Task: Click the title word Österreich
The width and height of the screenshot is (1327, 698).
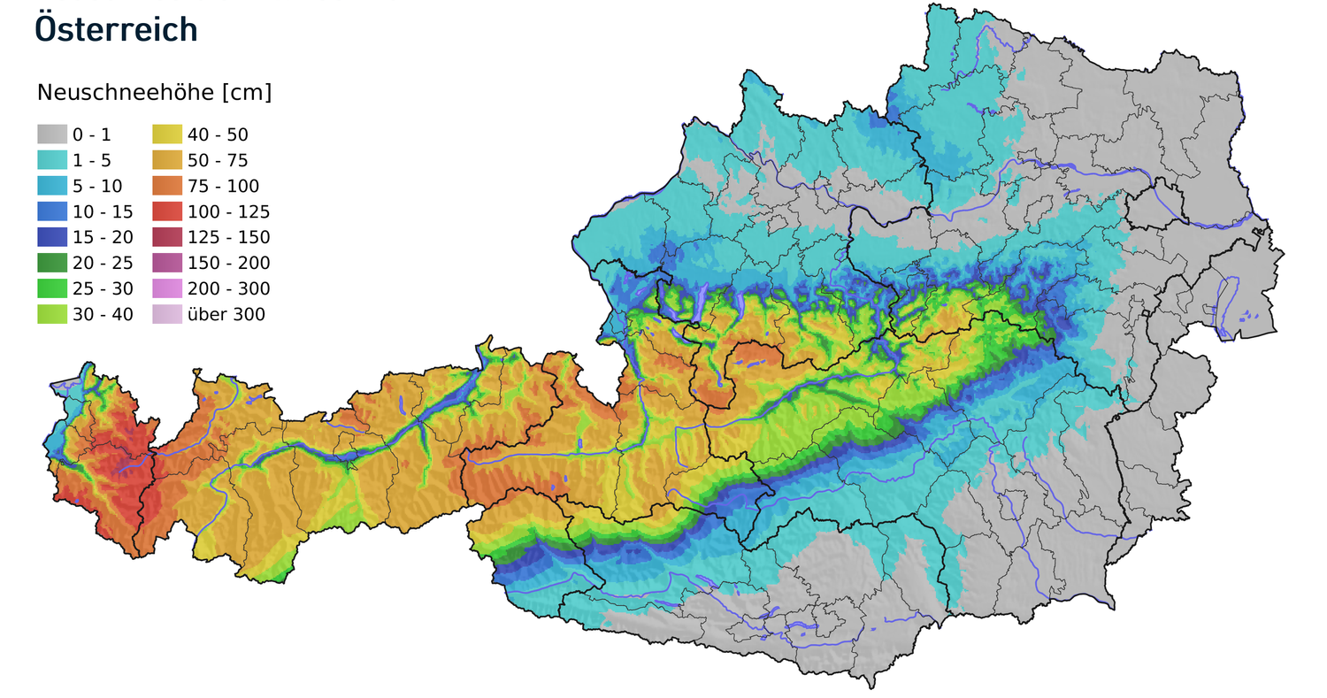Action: pyautogui.click(x=115, y=28)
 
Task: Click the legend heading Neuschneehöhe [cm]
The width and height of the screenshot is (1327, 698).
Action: pyautogui.click(x=154, y=93)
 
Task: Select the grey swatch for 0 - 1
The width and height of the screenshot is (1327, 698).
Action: pyautogui.click(x=52, y=134)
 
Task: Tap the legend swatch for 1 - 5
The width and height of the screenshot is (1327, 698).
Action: pyautogui.click(x=52, y=160)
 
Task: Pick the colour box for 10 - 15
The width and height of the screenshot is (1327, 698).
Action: pyautogui.click(x=52, y=211)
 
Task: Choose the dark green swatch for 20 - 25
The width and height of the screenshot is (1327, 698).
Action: pyautogui.click(x=52, y=263)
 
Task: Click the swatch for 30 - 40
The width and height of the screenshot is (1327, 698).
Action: pyautogui.click(x=52, y=314)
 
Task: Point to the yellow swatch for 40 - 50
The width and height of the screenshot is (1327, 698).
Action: pyautogui.click(x=167, y=134)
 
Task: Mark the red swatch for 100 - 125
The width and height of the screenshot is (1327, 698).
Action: pyautogui.click(x=167, y=211)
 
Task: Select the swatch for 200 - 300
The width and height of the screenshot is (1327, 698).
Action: pyautogui.click(x=167, y=288)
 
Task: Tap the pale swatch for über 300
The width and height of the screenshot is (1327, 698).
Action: pyautogui.click(x=167, y=314)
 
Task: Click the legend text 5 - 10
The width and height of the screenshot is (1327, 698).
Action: pyautogui.click(x=97, y=187)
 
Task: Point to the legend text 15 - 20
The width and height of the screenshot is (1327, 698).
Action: pyautogui.click(x=102, y=238)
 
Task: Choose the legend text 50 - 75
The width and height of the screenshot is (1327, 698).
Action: pyautogui.click(x=218, y=161)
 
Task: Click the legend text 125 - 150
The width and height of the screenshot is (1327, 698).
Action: pyautogui.click(x=228, y=238)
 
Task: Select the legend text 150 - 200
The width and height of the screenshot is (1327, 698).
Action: pyautogui.click(x=228, y=264)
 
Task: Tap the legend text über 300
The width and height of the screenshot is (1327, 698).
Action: pyautogui.click(x=226, y=315)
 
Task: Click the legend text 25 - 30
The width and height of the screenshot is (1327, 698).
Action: pyautogui.click(x=102, y=289)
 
